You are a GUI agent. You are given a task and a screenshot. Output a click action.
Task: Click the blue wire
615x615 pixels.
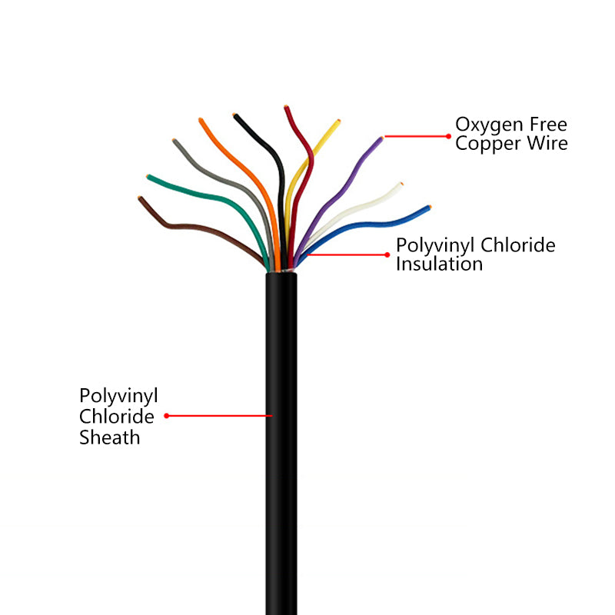[x=384, y=221]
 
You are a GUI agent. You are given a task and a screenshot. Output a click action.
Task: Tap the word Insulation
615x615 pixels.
[x=439, y=264]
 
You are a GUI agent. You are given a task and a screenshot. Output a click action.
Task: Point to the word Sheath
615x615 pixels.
[x=110, y=437]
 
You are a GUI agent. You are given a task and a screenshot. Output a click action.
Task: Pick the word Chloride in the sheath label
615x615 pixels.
[x=117, y=417]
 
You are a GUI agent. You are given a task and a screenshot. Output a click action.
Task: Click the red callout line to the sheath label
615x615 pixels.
[x=219, y=416]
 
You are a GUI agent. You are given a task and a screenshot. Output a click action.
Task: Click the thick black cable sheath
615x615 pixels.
[x=281, y=461]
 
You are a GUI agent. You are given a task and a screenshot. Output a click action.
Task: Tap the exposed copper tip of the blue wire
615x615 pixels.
[x=430, y=207]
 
